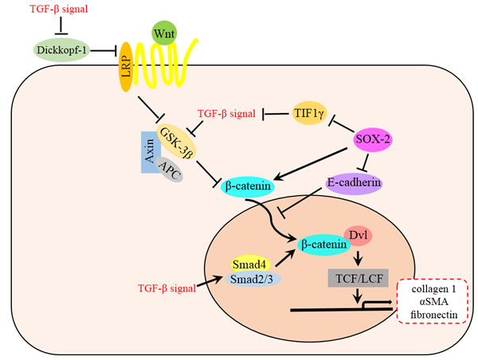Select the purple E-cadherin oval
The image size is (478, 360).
(x=354, y=182)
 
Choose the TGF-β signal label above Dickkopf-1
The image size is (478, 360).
(x=55, y=10)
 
